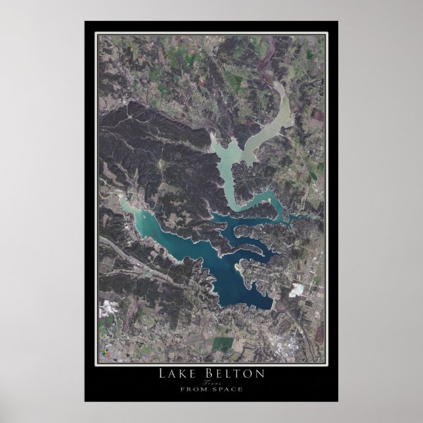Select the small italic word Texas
211,382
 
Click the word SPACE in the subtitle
225,389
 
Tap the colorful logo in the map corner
104,351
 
